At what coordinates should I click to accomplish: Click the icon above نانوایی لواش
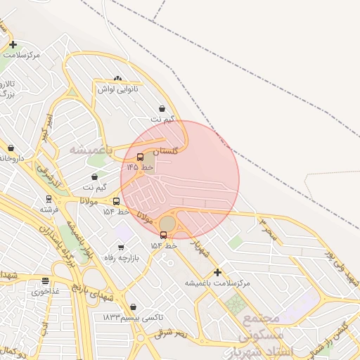[x=117, y=79]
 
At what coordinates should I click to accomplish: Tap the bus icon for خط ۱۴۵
[x=140, y=157]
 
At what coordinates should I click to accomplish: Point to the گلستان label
[x=166, y=150]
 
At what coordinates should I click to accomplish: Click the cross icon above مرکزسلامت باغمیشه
[x=217, y=272]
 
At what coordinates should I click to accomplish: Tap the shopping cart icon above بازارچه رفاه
[x=121, y=247]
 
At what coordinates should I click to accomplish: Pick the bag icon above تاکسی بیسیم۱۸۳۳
[x=133, y=307]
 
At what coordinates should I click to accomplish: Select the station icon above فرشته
[x=49, y=199]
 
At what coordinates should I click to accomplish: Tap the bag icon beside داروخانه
[x=11, y=148]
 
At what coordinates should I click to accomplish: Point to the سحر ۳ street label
[x=269, y=231]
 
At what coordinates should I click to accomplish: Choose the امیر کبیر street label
[x=45, y=127]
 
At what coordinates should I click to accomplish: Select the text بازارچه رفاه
[x=122, y=258]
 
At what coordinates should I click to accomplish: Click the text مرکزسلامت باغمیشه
[x=217, y=283]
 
